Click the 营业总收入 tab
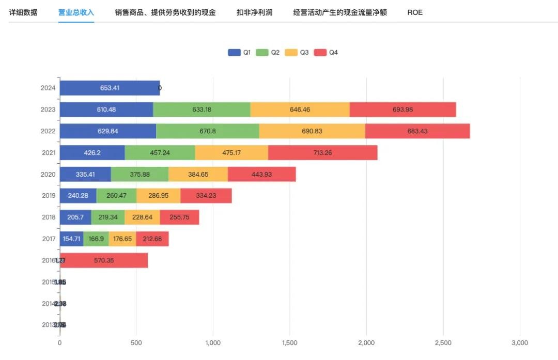click(x=76, y=12)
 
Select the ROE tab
click(x=415, y=12)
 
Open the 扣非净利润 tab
click(x=254, y=12)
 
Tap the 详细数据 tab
click(x=23, y=12)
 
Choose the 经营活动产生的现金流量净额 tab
click(x=339, y=12)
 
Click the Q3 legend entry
click(x=297, y=53)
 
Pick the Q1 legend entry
click(x=239, y=53)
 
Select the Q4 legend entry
click(x=326, y=53)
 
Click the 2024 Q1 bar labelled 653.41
click(x=110, y=88)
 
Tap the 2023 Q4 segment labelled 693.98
click(x=403, y=109)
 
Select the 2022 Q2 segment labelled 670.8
click(x=207, y=131)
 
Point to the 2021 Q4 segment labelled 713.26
click(x=322, y=153)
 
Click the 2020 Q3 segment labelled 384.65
click(x=198, y=175)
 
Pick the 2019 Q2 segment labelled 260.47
click(x=116, y=196)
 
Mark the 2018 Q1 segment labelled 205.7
click(x=75, y=217)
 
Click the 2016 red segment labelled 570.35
click(x=104, y=260)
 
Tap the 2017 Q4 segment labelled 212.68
click(x=152, y=239)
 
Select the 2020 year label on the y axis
click(x=48, y=175)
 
